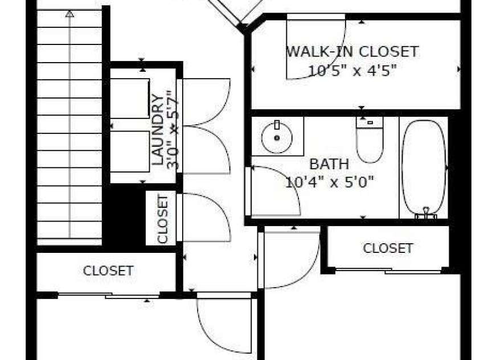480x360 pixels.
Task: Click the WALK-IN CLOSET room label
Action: pyautogui.click(x=352, y=51)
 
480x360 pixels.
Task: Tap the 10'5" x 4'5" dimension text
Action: pyautogui.click(x=352, y=71)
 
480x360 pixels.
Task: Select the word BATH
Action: pyautogui.click(x=329, y=164)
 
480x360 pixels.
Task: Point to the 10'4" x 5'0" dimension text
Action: pyautogui.click(x=330, y=183)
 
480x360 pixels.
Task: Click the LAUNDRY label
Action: pyautogui.click(x=158, y=130)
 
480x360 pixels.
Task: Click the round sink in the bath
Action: pyautogui.click(x=277, y=137)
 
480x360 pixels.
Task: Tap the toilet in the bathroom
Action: pyautogui.click(x=370, y=140)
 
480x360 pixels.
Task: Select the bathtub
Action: pyautogui.click(x=424, y=167)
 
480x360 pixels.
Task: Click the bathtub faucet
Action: pyautogui.click(x=426, y=213)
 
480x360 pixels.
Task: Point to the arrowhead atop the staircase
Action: pyautogui.click(x=70, y=14)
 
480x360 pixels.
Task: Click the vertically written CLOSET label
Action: pyautogui.click(x=162, y=219)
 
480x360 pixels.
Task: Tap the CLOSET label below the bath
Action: pyautogui.click(x=388, y=248)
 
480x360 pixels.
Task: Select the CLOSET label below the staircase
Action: pyautogui.click(x=108, y=271)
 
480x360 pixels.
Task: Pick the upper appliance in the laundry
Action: pyautogui.click(x=130, y=99)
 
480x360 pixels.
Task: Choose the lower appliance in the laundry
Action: pyautogui.click(x=130, y=152)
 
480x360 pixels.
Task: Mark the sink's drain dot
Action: pyautogui.click(x=277, y=138)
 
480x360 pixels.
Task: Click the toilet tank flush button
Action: pyautogui.click(x=370, y=122)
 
